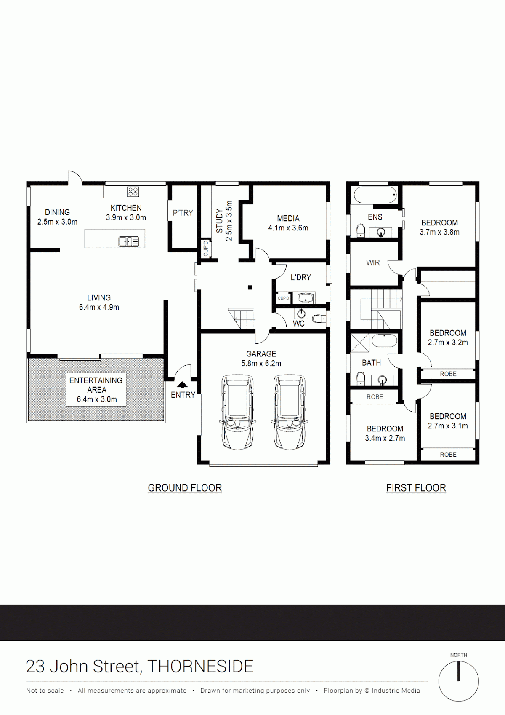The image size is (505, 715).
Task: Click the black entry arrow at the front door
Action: pos(182,385)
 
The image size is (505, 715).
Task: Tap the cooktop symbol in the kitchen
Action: pos(133,192)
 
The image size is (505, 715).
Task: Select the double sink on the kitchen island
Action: pos(128,241)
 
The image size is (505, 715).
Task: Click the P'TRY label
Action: pos(183,213)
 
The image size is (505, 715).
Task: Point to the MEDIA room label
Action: pos(288,219)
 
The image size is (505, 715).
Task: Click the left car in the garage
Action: pos(237,412)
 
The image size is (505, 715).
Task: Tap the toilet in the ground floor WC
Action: pos(319,319)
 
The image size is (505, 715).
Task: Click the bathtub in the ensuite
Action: pos(375,195)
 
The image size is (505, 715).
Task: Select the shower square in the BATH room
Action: pos(360,343)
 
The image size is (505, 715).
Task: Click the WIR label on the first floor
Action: pos(373,262)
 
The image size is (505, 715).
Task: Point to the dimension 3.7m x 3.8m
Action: pos(439,233)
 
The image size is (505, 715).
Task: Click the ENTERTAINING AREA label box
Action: pos(96,390)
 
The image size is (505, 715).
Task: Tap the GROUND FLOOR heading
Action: pos(185,488)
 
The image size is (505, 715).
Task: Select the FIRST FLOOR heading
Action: pos(416,488)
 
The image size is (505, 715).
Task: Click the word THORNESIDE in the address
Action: pos(200,667)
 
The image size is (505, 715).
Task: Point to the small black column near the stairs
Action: pos(250,288)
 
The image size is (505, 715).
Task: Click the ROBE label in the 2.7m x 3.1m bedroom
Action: pos(448,455)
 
